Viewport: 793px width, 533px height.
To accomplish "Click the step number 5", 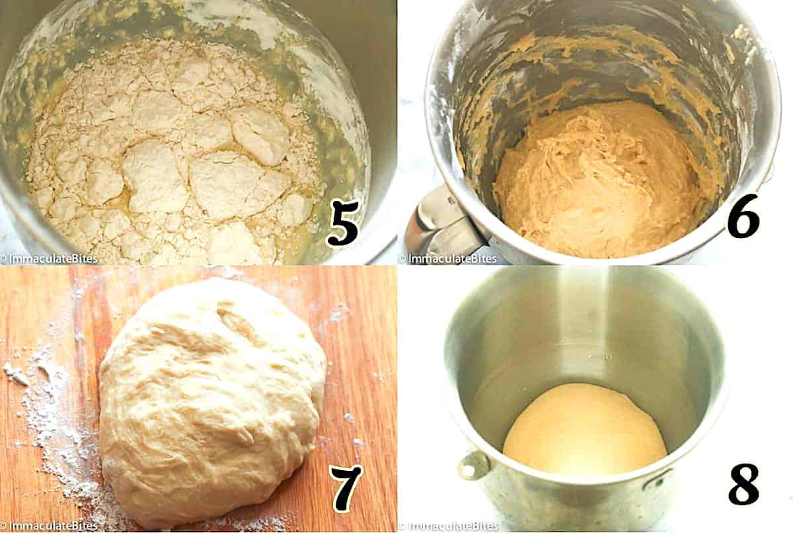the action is click(343, 222).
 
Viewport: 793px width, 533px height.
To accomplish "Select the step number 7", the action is click(346, 488).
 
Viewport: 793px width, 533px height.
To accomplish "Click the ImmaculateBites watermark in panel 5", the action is click(49, 259).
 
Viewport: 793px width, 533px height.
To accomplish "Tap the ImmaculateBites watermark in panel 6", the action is click(448, 259).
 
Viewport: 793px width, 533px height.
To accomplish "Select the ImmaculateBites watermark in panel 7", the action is click(49, 526).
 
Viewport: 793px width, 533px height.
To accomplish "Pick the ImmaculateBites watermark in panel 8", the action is click(449, 526).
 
